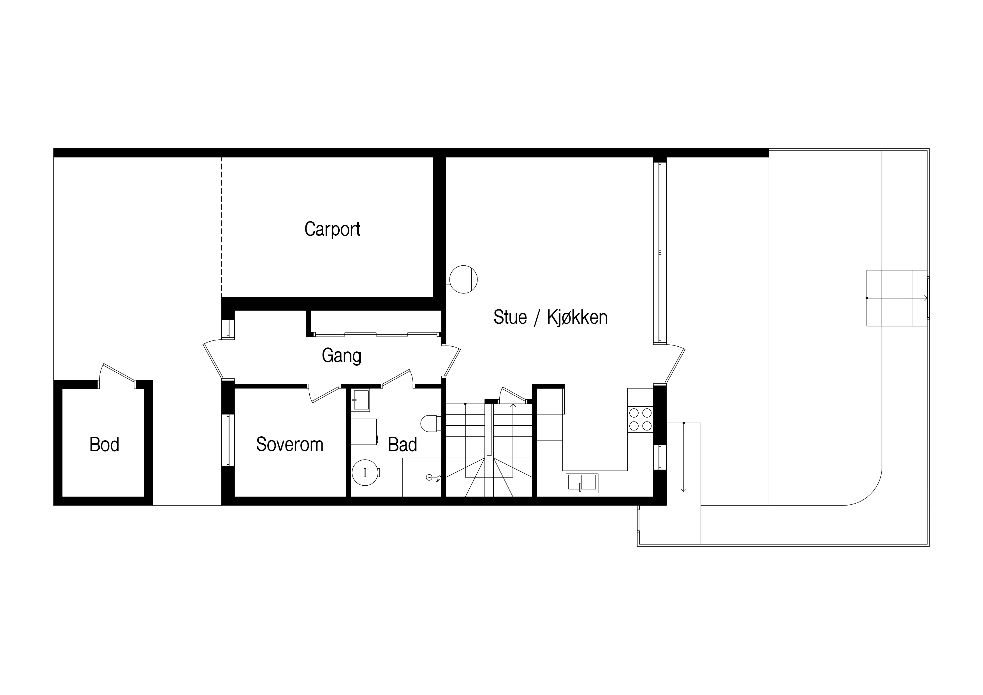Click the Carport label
pos(332,229)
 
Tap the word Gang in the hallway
pos(341,355)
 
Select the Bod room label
pos(104,444)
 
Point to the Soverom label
pos(289,444)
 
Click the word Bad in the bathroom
pos(402,444)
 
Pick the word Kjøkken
pos(577,317)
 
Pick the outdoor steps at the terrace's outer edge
pos(897,298)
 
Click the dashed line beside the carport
pos(222,227)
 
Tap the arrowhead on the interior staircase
pos(513,405)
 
